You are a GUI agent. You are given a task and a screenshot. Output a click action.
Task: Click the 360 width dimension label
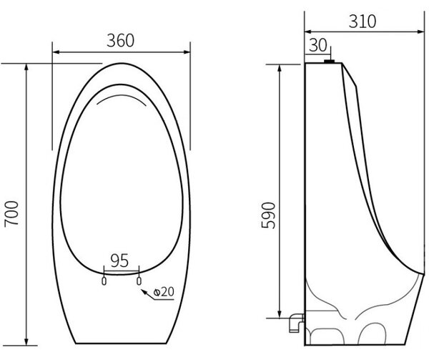click(120, 41)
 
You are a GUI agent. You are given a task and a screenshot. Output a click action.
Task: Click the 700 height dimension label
click(11, 214)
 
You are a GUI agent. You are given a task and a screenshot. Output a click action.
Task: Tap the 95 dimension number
click(119, 261)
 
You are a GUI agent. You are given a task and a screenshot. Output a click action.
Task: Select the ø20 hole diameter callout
click(164, 292)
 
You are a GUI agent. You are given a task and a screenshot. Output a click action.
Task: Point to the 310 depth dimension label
click(363, 21)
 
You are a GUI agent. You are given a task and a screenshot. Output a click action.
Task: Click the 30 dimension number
click(317, 45)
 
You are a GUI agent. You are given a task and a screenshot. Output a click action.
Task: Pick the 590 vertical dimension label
click(268, 215)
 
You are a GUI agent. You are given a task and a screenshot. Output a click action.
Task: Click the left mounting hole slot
click(104, 281)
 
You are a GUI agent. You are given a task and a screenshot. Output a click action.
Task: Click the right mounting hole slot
click(139, 281)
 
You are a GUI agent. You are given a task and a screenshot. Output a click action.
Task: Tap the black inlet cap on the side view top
click(330, 62)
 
